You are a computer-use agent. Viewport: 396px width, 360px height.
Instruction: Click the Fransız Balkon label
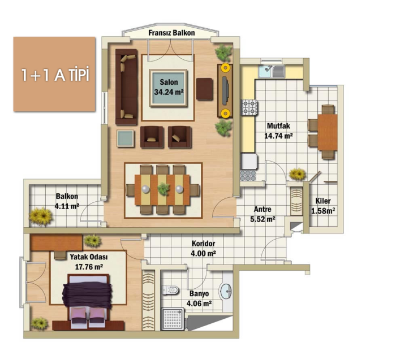click(171, 33)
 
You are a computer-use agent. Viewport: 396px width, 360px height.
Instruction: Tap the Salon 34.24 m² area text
click(169, 87)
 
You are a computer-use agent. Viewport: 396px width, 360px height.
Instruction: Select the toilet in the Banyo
click(170, 290)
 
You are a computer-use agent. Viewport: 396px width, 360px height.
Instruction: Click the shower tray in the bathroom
click(173, 318)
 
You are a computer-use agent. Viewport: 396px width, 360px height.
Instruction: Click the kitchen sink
click(272, 71)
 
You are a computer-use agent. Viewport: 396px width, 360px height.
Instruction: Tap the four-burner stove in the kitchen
click(249, 107)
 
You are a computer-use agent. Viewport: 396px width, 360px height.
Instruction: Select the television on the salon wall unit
click(225, 90)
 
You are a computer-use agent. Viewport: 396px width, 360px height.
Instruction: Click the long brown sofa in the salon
click(127, 87)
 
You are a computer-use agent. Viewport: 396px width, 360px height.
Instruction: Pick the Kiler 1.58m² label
click(323, 206)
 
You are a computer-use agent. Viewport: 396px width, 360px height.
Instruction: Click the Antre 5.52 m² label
click(262, 214)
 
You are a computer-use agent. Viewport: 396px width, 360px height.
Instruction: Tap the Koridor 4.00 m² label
click(203, 249)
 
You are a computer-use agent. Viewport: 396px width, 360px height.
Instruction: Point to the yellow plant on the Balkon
click(41, 216)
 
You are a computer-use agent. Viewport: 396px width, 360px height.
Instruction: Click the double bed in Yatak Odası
click(88, 301)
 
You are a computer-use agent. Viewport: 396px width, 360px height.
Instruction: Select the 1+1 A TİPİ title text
click(55, 75)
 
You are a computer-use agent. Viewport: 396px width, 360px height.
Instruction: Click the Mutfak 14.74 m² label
click(278, 131)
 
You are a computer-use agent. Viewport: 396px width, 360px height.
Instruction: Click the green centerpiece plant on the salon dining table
click(163, 188)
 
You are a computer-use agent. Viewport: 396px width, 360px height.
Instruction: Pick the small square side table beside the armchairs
click(125, 138)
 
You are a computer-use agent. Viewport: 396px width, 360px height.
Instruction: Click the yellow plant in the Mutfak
click(297, 174)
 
